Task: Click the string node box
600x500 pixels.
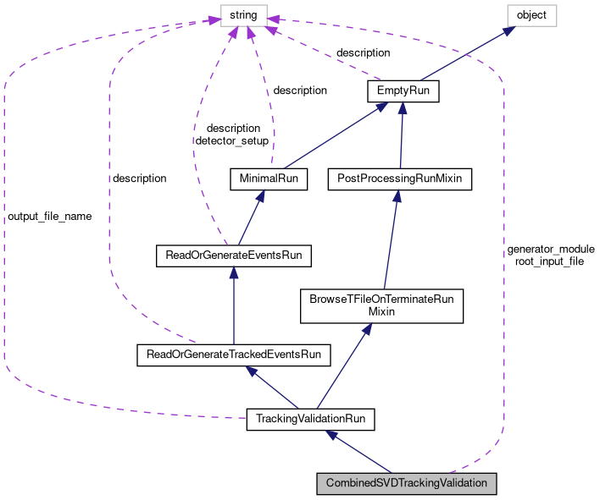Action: tap(244, 15)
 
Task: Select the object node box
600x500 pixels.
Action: tap(532, 15)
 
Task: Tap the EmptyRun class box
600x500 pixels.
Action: tap(403, 91)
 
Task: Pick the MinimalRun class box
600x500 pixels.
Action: tap(269, 179)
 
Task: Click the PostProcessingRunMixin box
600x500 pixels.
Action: tap(399, 179)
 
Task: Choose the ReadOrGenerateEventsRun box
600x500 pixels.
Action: tap(233, 255)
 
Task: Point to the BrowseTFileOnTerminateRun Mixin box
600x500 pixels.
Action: tap(381, 306)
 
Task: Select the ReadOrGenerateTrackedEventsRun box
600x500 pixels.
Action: tap(233, 354)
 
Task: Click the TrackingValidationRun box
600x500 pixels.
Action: tap(310, 419)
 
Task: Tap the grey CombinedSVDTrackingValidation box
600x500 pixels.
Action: tap(407, 484)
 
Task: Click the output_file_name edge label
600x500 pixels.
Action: tap(50, 217)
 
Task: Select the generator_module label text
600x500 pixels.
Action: tap(551, 250)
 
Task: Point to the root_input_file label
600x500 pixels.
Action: tap(549, 261)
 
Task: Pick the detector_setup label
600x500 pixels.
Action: tap(232, 141)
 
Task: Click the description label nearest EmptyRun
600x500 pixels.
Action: tap(364, 52)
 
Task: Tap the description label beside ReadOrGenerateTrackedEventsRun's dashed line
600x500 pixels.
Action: tap(139, 179)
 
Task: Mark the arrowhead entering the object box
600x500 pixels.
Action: tap(509, 30)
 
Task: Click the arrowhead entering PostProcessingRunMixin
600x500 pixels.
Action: tap(397, 196)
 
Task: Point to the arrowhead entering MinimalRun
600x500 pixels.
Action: tap(260, 196)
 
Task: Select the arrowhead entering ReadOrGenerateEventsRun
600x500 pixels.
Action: tap(233, 272)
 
